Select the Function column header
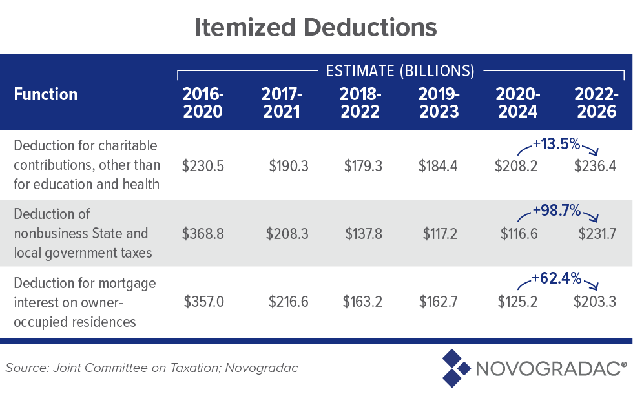coord(46,94)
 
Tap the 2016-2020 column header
coord(203,102)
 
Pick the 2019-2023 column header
coord(439,102)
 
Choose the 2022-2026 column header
coord(596,102)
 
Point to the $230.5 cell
coord(203,166)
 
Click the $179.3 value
coord(363,166)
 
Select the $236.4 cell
coord(596,166)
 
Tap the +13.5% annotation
coord(555,143)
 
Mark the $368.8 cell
coord(203,233)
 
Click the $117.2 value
coord(440,233)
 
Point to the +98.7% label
coord(555,211)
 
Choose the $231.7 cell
coord(596,233)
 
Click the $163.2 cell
coord(363,301)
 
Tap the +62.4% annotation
coord(555,278)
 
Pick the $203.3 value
coord(596,301)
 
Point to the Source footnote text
coord(152,368)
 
